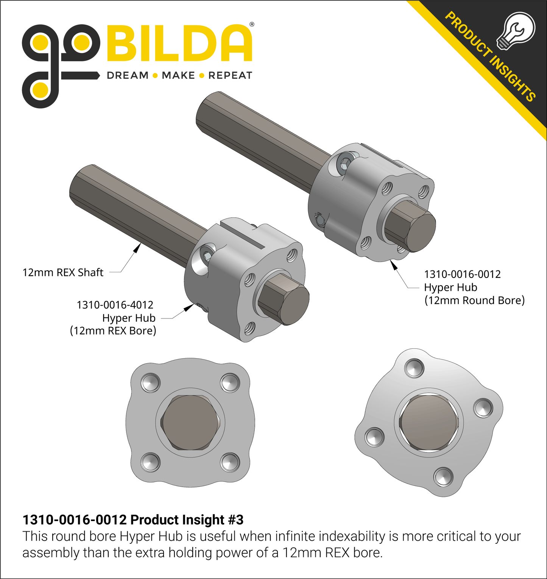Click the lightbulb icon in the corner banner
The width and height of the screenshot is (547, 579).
tap(516, 31)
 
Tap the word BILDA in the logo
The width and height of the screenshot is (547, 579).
tap(180, 43)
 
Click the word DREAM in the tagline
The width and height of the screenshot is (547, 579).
tap(128, 75)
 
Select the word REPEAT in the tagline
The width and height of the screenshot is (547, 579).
tap(230, 75)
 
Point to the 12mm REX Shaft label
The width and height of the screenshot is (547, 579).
tap(63, 272)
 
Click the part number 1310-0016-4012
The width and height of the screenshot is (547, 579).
tap(115, 305)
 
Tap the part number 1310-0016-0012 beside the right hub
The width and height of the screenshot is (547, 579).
tap(462, 274)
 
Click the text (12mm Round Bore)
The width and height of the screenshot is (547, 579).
tap(475, 300)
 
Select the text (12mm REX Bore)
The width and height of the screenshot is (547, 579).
tap(113, 331)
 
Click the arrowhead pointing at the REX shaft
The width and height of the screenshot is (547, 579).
tap(137, 248)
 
